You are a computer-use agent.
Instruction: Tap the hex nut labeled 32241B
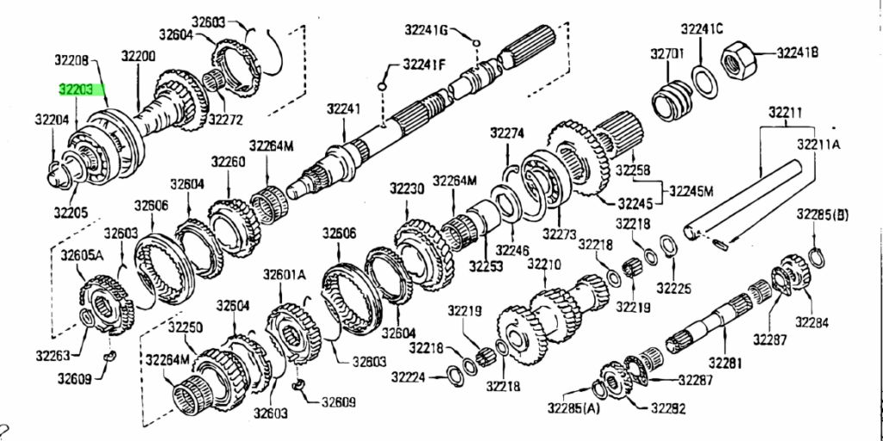pyautogui.click(x=737, y=57)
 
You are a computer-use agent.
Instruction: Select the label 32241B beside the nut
pyautogui.click(x=798, y=53)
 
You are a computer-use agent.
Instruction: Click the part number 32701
pyautogui.click(x=667, y=54)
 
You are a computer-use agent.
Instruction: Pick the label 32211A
pyautogui.click(x=818, y=145)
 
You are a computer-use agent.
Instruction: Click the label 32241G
pyautogui.click(x=426, y=29)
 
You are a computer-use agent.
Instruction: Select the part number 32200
pyautogui.click(x=139, y=56)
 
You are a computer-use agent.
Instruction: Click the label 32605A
pyautogui.click(x=82, y=257)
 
